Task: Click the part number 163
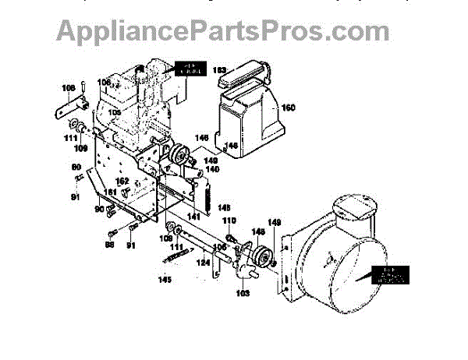pos(220,70)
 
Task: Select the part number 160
pos(289,108)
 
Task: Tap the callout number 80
pos(76,167)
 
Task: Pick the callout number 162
pos(122,182)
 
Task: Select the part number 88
pos(109,245)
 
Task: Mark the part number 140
pos(211,169)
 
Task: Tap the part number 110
pos(229,221)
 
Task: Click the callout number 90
pos(99,210)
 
